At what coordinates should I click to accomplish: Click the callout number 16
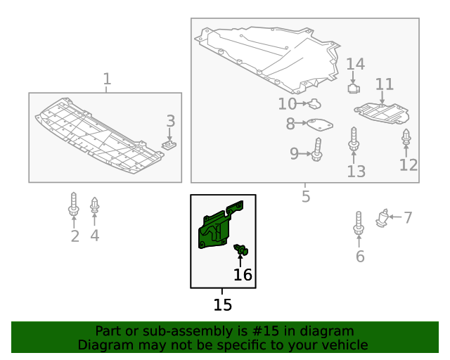(x=243, y=275)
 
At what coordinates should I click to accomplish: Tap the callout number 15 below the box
(x=222, y=305)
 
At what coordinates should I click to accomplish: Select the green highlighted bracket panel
(x=220, y=224)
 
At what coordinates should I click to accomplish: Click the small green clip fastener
(x=241, y=250)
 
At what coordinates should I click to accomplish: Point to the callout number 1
(x=107, y=79)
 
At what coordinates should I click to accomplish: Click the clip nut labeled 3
(x=169, y=146)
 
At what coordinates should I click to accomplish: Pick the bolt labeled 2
(x=74, y=204)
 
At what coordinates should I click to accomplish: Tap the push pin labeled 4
(x=95, y=206)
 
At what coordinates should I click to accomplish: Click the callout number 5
(x=306, y=197)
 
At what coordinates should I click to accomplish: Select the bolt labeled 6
(x=359, y=224)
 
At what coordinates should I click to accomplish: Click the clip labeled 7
(x=382, y=219)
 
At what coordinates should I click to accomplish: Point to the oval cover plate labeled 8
(x=320, y=125)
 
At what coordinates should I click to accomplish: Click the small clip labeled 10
(x=314, y=104)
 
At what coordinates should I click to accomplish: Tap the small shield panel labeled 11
(x=382, y=114)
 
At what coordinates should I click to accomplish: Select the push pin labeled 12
(x=406, y=138)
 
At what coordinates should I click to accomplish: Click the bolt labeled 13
(x=354, y=139)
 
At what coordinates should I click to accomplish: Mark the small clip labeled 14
(x=354, y=88)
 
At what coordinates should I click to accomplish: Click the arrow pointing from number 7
(x=395, y=217)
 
